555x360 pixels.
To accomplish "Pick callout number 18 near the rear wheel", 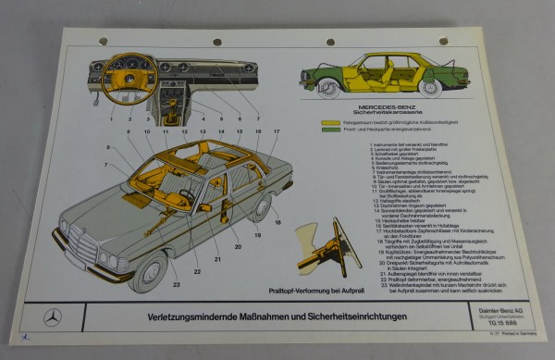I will (x=277, y=222).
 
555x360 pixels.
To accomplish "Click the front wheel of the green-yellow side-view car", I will (x=327, y=88).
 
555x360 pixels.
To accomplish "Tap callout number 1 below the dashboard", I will (x=113, y=119).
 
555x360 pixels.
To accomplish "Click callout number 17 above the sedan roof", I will (x=276, y=132).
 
